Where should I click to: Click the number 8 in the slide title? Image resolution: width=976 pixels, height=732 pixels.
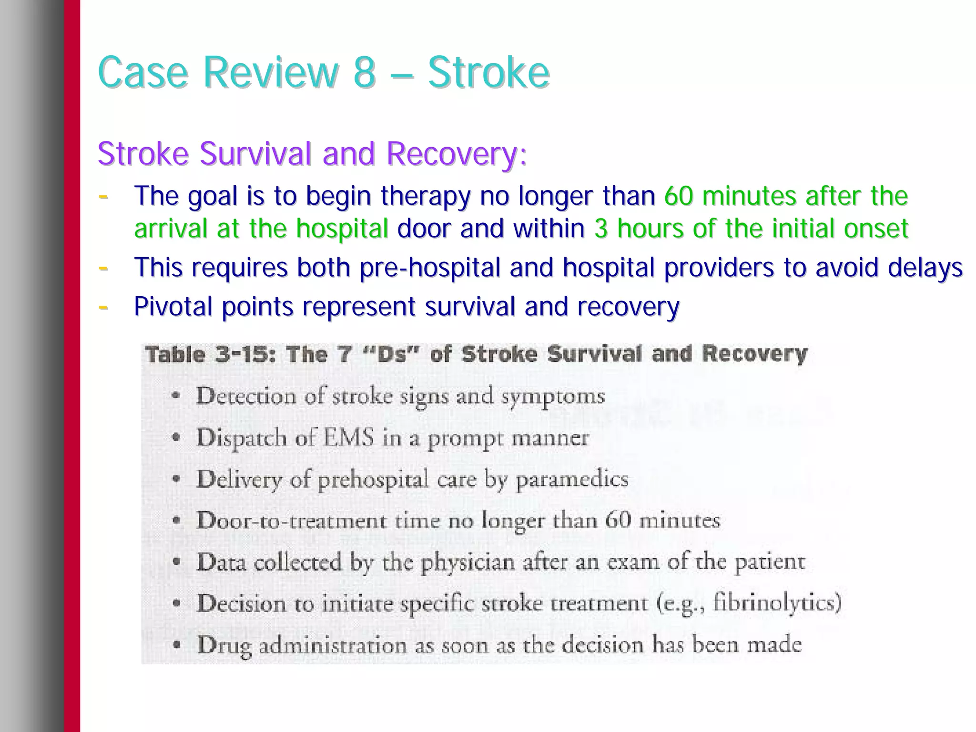365,73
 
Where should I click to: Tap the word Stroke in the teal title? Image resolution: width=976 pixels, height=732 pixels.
488,73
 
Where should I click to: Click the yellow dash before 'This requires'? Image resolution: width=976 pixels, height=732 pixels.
103,267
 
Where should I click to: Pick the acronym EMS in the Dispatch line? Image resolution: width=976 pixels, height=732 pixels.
348,438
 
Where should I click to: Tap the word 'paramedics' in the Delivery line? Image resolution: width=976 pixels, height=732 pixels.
572,479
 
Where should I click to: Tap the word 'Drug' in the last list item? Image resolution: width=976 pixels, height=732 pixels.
224,645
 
